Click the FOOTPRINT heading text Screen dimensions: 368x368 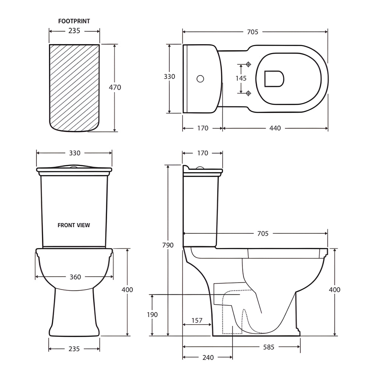pos(74,21)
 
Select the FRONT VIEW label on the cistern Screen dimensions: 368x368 pos(74,225)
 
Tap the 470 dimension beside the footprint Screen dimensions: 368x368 pos(115,88)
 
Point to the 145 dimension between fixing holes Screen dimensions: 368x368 pos(241,78)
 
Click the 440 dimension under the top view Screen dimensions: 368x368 pos(275,128)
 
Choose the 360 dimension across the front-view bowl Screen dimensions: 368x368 pos(75,277)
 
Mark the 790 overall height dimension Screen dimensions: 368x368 pos(168,245)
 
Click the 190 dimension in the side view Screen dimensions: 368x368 pos(152,315)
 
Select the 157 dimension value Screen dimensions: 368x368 pos(197,321)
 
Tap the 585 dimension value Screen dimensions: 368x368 pos(268,347)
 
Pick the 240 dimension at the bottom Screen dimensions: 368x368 pos(208,357)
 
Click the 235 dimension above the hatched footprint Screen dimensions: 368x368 pos(74,31)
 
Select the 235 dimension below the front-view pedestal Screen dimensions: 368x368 pos(74,349)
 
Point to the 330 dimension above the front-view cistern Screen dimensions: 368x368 pos(74,153)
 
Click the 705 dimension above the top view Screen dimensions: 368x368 pos(252,32)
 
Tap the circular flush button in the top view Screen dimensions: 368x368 pos(200,78)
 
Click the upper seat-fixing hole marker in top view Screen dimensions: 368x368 pos(248,64)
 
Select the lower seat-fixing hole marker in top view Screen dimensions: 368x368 pos(248,93)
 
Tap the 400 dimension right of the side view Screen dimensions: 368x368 pos(335,290)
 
